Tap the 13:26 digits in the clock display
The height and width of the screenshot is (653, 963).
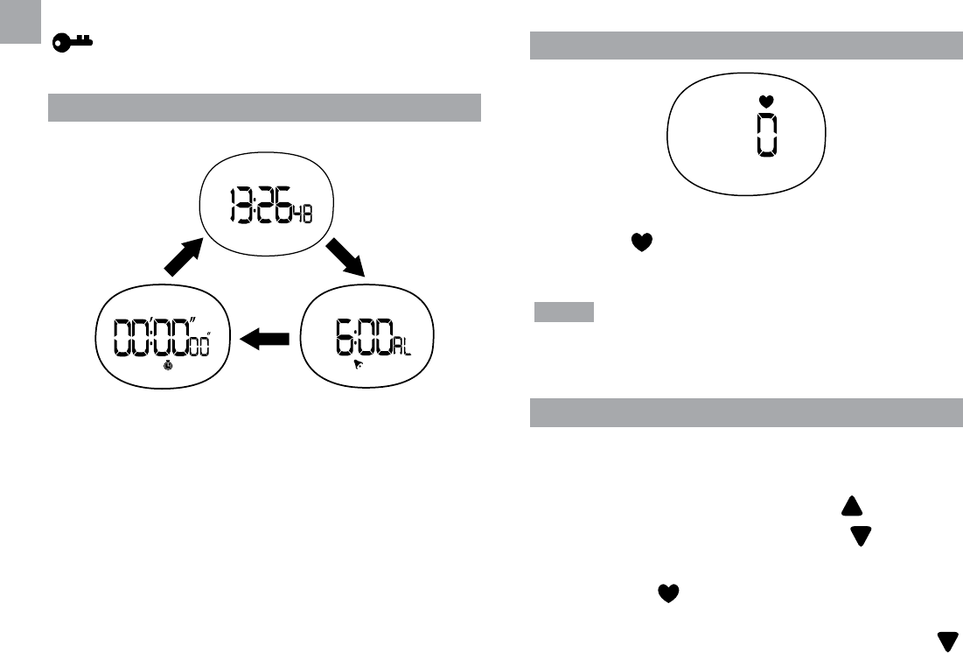tap(259, 207)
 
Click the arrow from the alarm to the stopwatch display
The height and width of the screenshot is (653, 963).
tap(263, 339)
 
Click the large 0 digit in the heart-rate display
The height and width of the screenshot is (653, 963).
tap(766, 136)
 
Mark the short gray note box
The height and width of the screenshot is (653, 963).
tap(564, 312)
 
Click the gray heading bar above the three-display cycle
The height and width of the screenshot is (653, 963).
tap(264, 107)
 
